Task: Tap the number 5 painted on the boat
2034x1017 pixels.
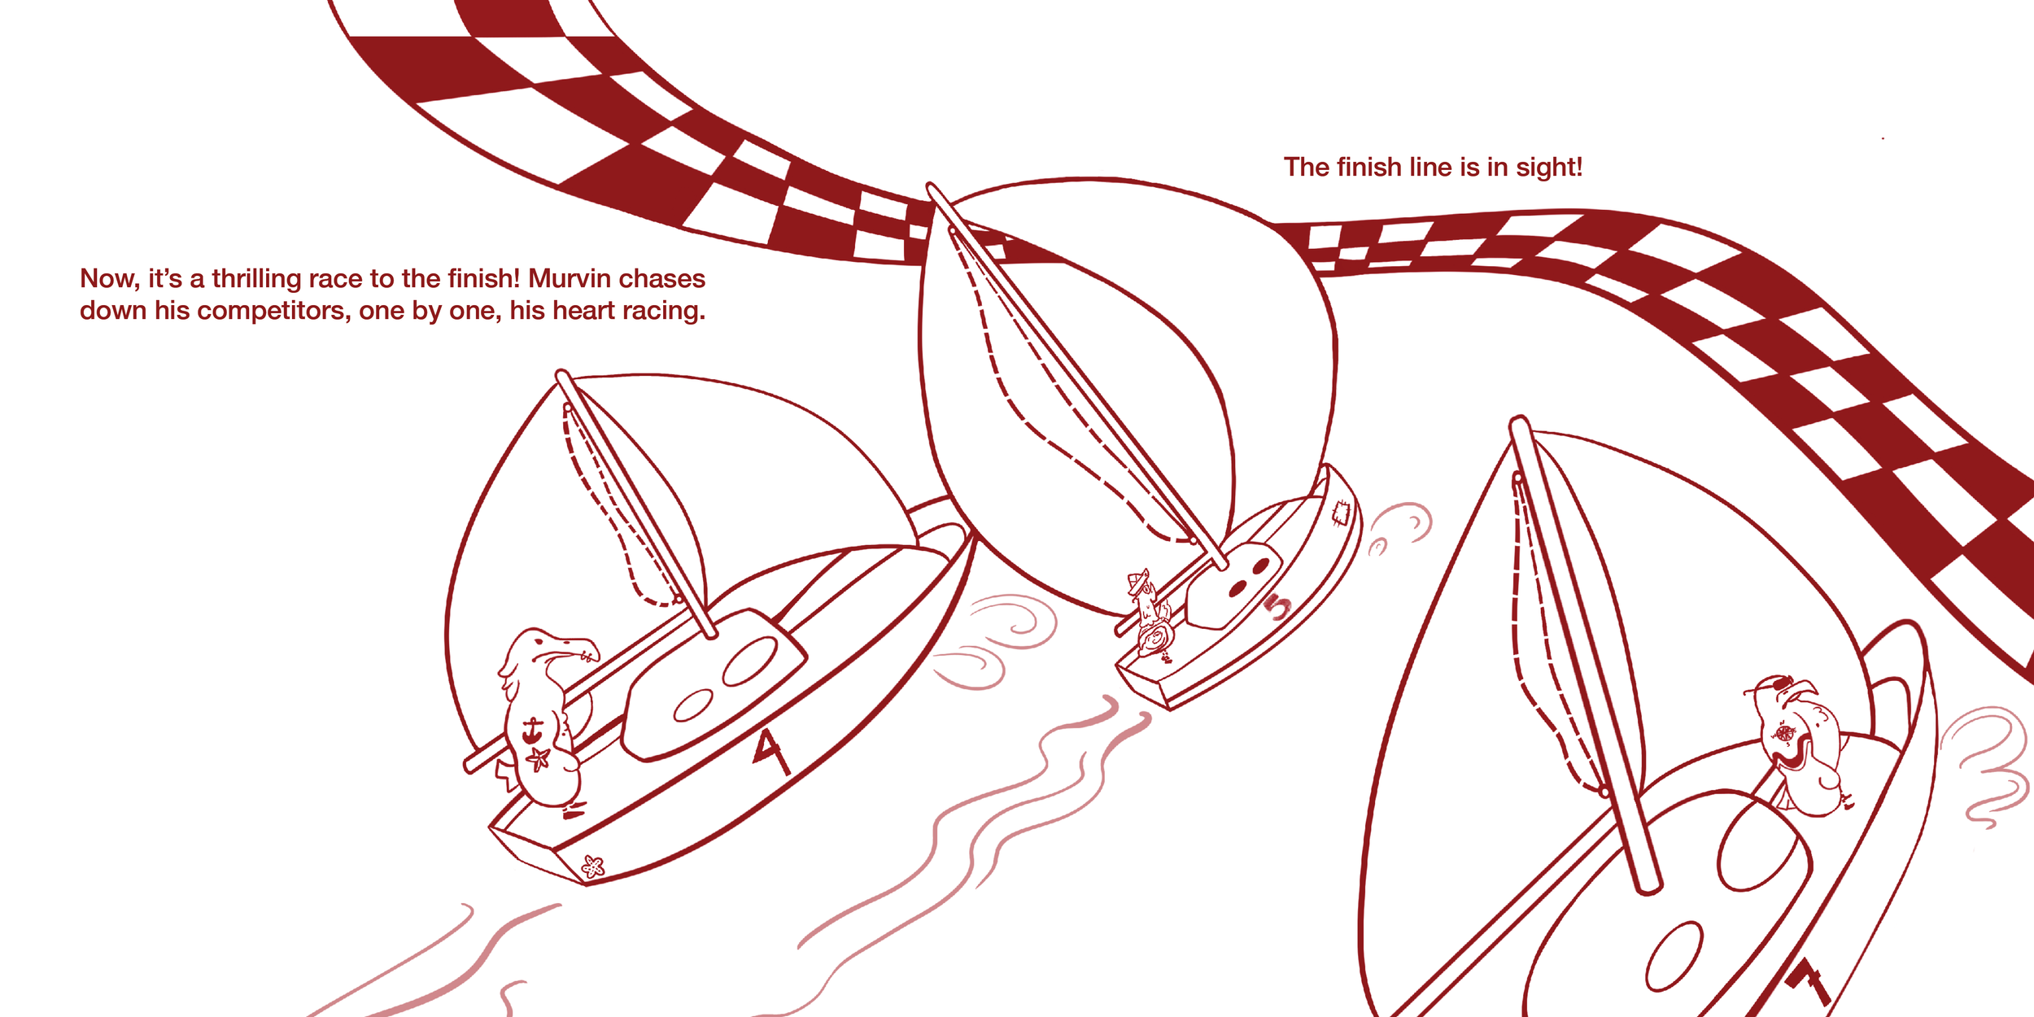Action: [x=1278, y=606]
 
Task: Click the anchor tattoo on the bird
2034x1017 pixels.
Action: [x=532, y=730]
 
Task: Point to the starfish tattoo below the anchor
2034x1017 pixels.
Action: [x=538, y=759]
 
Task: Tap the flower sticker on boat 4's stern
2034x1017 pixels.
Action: [x=593, y=866]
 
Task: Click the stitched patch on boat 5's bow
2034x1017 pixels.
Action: [x=1340, y=513]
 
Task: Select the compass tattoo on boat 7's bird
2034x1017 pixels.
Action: [x=1784, y=734]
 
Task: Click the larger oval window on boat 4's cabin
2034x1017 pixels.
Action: [x=750, y=661]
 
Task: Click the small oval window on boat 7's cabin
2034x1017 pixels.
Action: [x=1674, y=957]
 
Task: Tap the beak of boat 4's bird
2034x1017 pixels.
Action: [x=579, y=648]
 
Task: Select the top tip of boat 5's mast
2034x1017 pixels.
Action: [x=931, y=187]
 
